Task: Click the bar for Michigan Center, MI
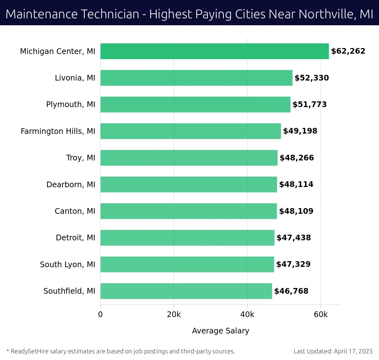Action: (x=214, y=51)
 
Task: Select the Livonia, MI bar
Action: (x=196, y=78)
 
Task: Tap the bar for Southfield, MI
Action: (x=186, y=291)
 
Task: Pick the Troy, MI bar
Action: (x=189, y=158)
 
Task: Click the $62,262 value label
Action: (x=348, y=51)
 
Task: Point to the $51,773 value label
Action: (x=310, y=105)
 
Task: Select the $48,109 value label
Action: (x=296, y=211)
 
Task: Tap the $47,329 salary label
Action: (x=293, y=264)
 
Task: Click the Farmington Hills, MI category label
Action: (x=58, y=131)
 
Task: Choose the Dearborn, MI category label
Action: (x=71, y=185)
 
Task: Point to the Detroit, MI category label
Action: (x=75, y=238)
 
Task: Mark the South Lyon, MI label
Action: (x=68, y=265)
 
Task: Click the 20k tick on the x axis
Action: (x=174, y=315)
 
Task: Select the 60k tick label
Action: (x=321, y=315)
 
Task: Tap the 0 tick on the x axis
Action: (x=100, y=315)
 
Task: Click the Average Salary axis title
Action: (x=220, y=331)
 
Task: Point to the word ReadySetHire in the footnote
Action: (x=30, y=351)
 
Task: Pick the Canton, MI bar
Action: (x=189, y=211)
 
